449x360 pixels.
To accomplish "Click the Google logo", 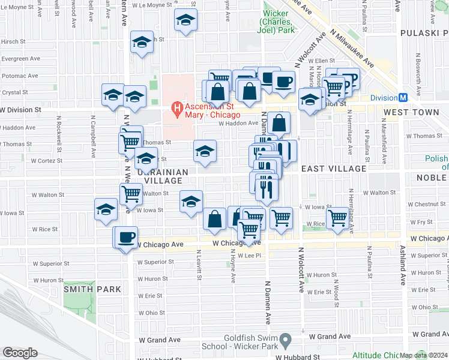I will (x=20, y=352).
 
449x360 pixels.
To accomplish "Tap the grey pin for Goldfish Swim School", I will (x=287, y=340).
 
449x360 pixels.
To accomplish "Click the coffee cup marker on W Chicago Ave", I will (x=126, y=237).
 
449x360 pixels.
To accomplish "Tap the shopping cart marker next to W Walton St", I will (x=131, y=194).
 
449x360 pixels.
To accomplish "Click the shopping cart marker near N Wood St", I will (x=338, y=217).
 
